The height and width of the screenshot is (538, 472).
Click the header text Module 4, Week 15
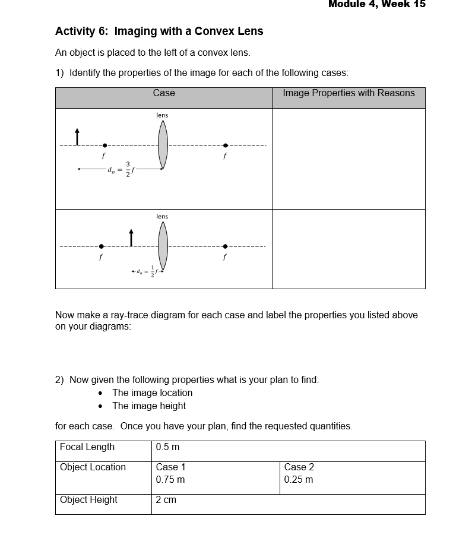376,5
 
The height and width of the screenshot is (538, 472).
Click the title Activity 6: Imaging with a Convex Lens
159,31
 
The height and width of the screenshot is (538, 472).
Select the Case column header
164,93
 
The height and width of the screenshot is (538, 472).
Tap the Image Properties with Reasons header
349,93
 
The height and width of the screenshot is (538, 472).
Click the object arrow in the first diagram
76,136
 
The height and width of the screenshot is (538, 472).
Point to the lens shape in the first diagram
163,145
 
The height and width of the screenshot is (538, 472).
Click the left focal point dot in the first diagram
104,145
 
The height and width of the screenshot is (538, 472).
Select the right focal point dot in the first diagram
225,145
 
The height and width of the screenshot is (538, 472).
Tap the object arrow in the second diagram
131,238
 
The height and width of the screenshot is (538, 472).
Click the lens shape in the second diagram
163,246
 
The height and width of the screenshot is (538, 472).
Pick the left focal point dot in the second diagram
102,246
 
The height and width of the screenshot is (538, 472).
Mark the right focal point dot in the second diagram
225,246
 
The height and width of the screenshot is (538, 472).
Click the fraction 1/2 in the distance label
152,271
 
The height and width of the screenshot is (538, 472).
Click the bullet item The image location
152,393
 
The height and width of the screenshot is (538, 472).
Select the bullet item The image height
149,406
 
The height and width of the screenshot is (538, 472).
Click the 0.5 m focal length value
167,447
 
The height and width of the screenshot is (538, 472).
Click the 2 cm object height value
166,500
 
